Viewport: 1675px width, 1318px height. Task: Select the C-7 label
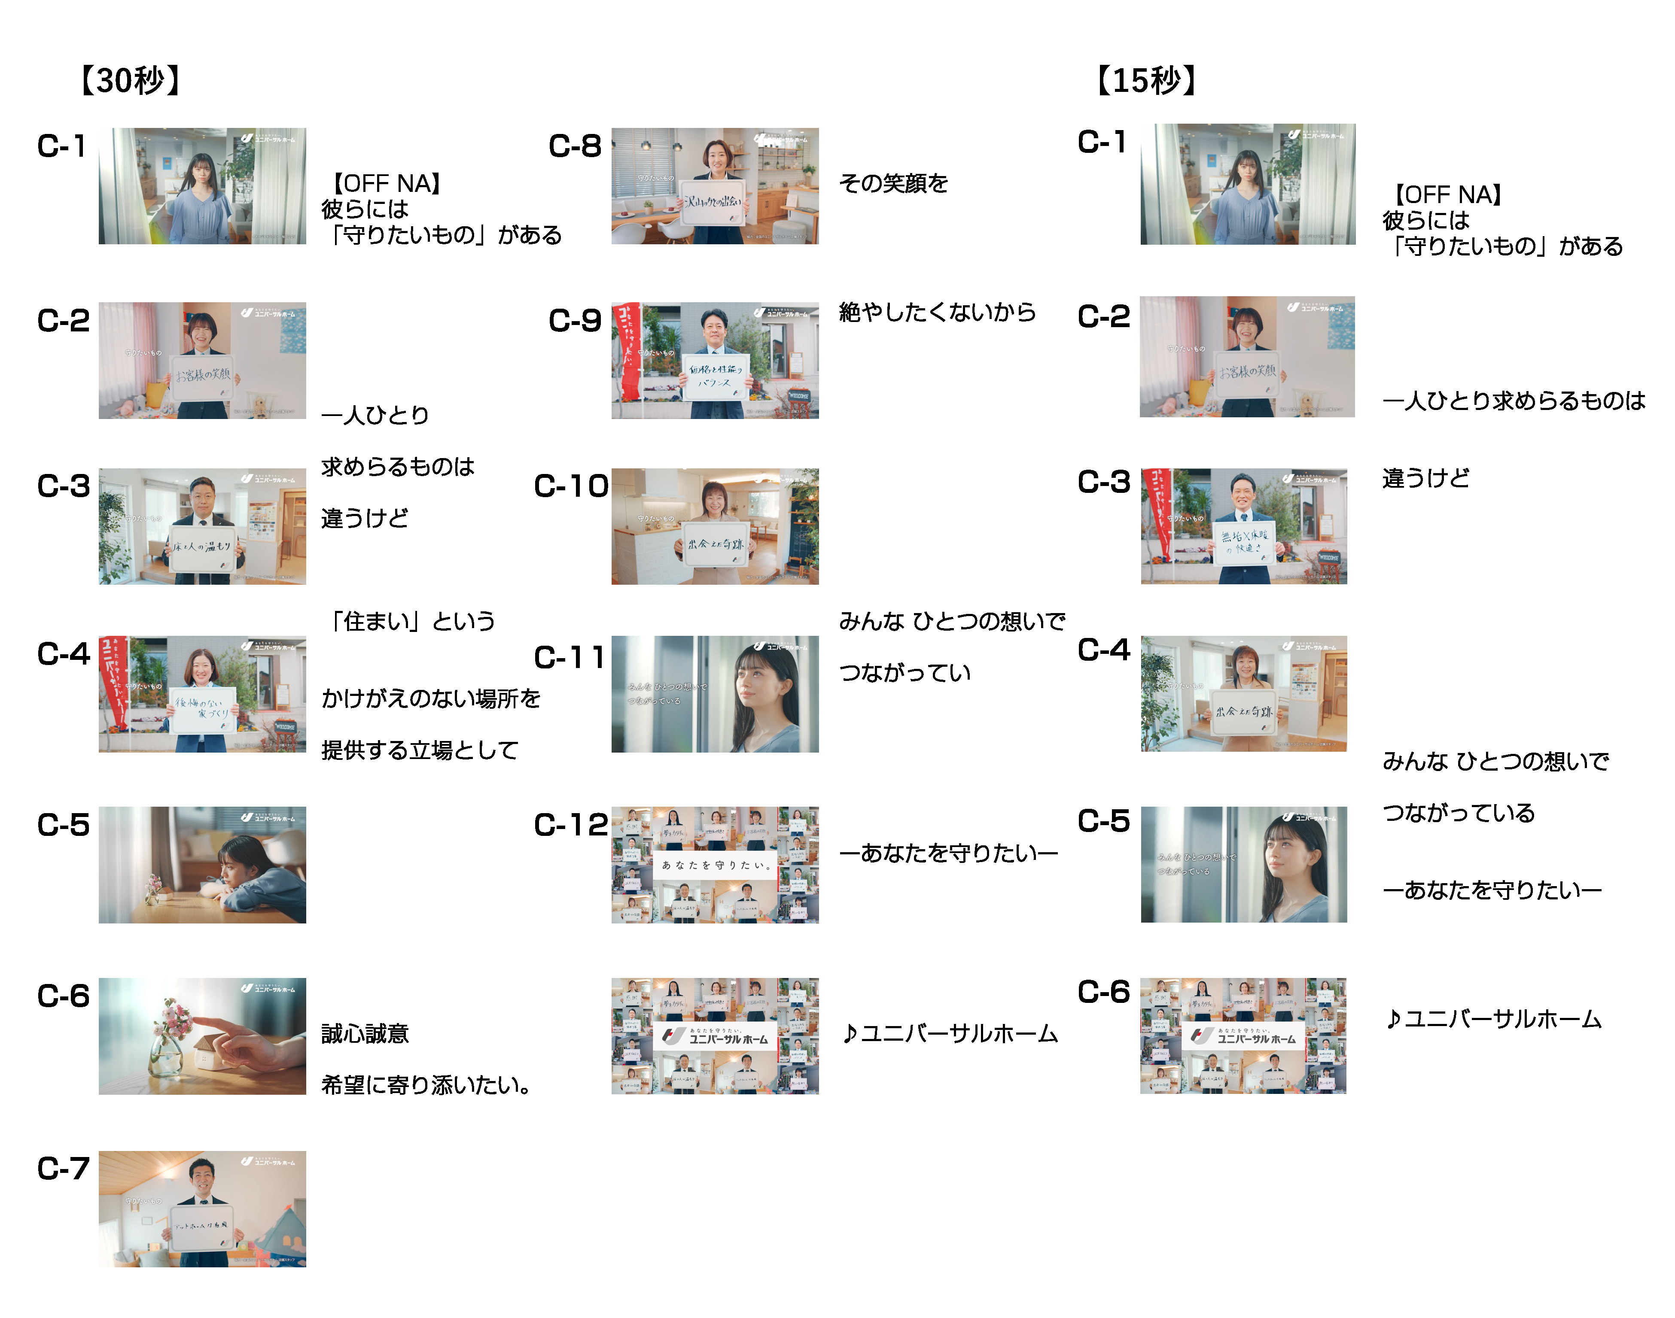(x=63, y=1168)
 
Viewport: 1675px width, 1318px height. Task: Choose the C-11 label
(x=569, y=657)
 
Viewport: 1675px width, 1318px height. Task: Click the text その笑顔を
(x=893, y=184)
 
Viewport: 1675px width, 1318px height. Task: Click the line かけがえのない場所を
(x=431, y=698)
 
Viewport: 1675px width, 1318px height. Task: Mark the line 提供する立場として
(x=420, y=750)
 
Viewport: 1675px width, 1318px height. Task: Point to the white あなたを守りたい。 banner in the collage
(x=715, y=865)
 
